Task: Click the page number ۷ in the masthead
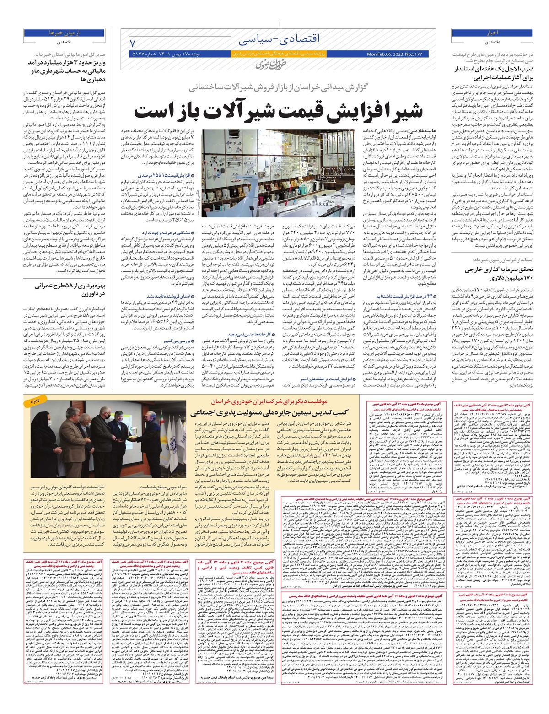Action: (x=133, y=44)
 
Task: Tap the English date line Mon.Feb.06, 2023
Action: (x=394, y=54)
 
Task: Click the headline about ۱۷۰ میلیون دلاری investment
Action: (x=499, y=274)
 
